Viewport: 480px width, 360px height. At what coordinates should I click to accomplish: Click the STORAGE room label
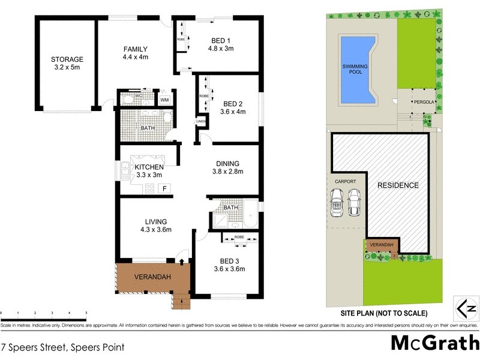coord(67,59)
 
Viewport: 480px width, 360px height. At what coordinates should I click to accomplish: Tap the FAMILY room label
coord(136,49)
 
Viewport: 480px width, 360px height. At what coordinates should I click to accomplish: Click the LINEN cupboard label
coord(200,122)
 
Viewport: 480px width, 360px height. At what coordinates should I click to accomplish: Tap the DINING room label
coord(227,163)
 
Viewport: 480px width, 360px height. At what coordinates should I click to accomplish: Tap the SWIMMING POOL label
coord(355,69)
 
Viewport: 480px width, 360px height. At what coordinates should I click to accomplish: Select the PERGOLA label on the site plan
coord(422,102)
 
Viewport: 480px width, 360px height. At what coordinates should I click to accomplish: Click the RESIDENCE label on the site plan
coord(397,185)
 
